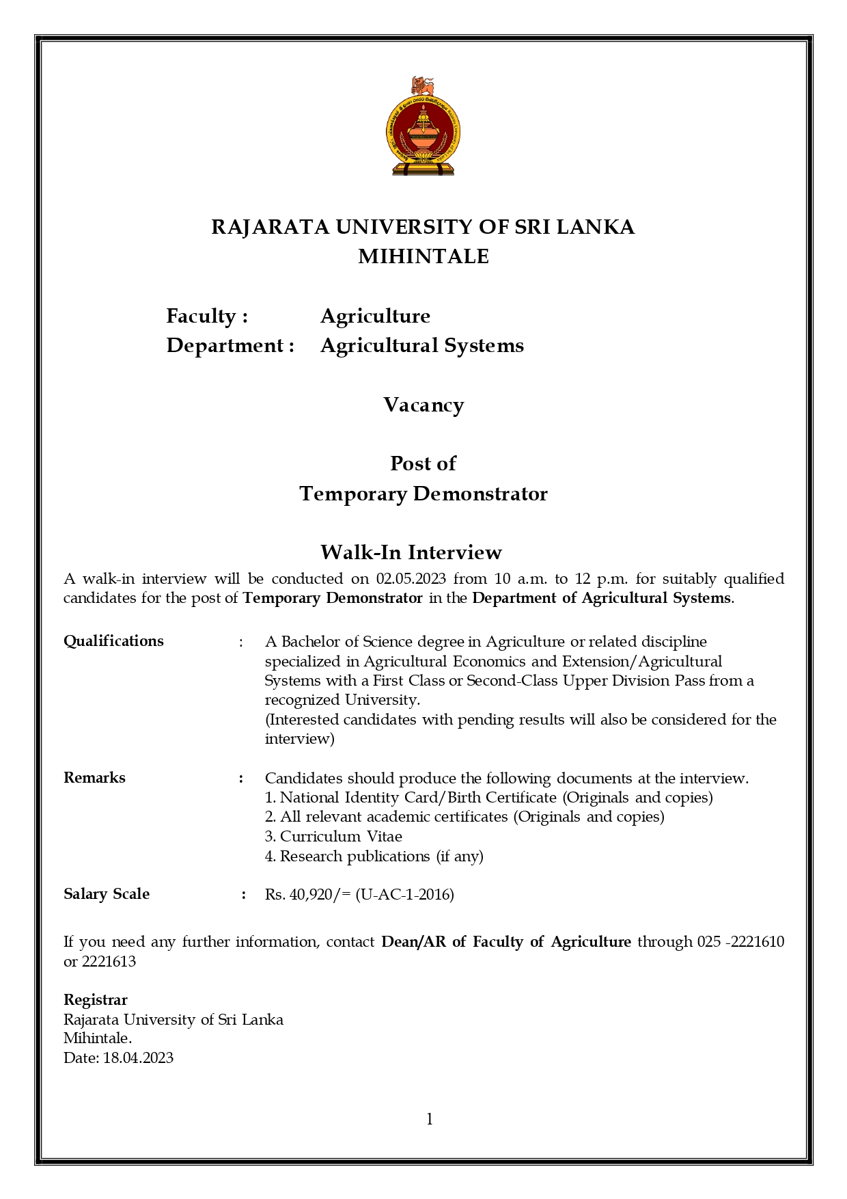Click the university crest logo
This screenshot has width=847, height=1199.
423,126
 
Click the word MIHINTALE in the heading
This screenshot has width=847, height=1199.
423,256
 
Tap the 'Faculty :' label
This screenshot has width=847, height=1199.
207,316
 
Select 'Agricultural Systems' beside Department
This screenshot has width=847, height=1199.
422,345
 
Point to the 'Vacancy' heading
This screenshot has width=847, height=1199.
423,405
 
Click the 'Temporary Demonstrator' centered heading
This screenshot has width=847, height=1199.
423,494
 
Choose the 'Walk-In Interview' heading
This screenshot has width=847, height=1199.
411,552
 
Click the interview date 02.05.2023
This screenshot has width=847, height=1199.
411,579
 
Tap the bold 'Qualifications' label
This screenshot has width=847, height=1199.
113,641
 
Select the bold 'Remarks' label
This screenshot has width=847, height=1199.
94,778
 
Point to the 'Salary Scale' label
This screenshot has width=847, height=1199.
107,894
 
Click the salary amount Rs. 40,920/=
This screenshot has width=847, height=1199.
307,895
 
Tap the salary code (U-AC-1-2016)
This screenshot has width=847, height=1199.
404,895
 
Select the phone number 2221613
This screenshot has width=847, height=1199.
109,962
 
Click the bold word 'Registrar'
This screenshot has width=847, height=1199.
96,1000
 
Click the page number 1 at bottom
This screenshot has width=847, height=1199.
430,1119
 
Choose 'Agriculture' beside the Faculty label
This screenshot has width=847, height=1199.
375,316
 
